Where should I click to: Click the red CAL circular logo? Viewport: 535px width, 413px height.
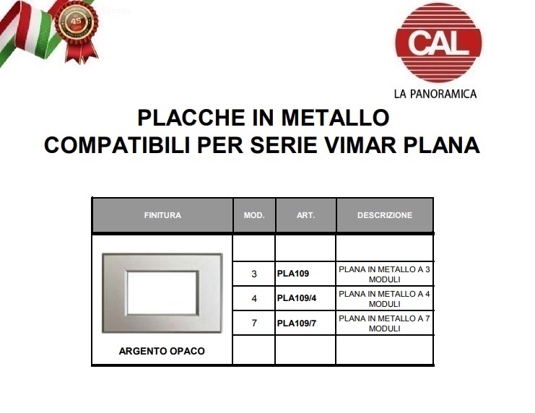(x=438, y=43)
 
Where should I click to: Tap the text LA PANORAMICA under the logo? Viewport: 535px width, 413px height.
(x=435, y=94)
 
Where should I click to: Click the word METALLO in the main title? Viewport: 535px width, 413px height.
(x=336, y=118)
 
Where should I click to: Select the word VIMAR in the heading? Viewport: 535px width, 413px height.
(x=360, y=145)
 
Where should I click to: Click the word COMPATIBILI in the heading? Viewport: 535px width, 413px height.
(x=117, y=145)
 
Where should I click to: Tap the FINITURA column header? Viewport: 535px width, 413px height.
(x=162, y=215)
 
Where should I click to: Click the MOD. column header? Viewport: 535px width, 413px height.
(x=254, y=215)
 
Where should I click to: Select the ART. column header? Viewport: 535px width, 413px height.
(x=305, y=215)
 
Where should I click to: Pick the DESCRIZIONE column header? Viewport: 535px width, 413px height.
(x=385, y=215)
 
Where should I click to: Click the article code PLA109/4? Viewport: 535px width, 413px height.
(x=297, y=298)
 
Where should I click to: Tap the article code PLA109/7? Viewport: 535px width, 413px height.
(x=297, y=323)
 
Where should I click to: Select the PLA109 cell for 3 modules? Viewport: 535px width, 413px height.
(x=293, y=274)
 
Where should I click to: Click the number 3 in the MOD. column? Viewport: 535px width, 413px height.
(x=254, y=274)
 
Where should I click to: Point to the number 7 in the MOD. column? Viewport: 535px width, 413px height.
(x=254, y=323)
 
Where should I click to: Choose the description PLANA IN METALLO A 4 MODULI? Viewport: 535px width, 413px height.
(x=385, y=299)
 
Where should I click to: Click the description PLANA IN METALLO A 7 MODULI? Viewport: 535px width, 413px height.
(x=385, y=323)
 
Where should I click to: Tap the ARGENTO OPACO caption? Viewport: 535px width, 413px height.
(x=162, y=351)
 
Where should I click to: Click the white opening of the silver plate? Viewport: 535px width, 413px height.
(x=162, y=293)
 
